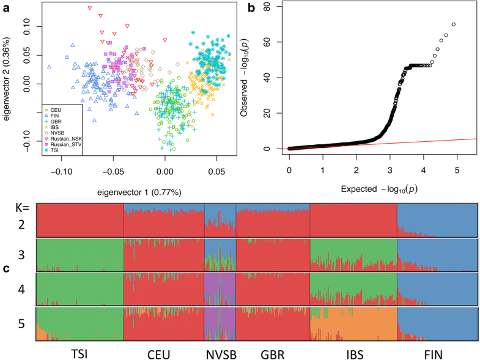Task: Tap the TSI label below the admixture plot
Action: point(79,353)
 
